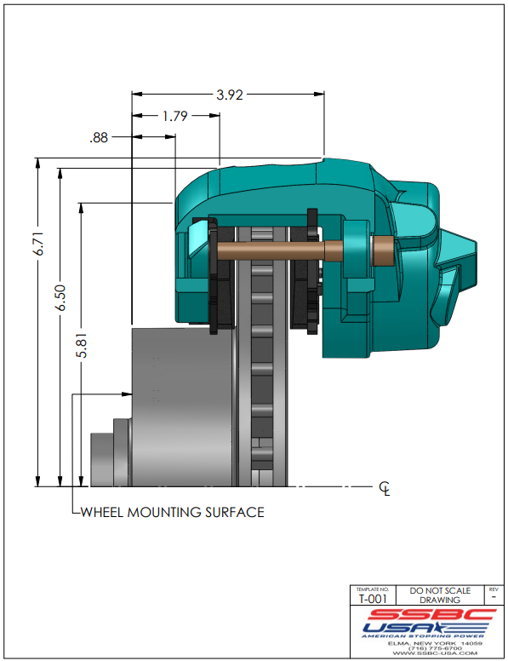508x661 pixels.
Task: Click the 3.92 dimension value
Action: (x=230, y=95)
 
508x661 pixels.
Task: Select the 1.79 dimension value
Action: (x=174, y=116)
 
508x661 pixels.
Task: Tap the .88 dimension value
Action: (x=99, y=137)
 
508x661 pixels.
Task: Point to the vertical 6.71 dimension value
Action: (x=39, y=244)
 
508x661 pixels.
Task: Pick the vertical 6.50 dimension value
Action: (x=60, y=297)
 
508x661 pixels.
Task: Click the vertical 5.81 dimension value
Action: (x=82, y=346)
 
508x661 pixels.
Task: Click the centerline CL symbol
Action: (x=385, y=489)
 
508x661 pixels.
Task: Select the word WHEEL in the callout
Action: (x=102, y=512)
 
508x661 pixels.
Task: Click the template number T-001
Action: (x=373, y=599)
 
